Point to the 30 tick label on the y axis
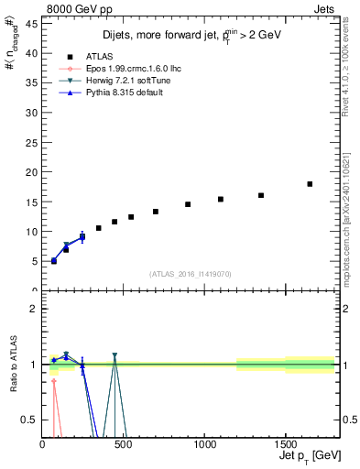point(32,113)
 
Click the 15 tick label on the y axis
point(32,202)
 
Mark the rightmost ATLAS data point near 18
point(310,184)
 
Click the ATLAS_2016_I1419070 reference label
point(190,273)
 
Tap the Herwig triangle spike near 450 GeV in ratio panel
point(115,355)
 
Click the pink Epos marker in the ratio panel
point(54,381)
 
